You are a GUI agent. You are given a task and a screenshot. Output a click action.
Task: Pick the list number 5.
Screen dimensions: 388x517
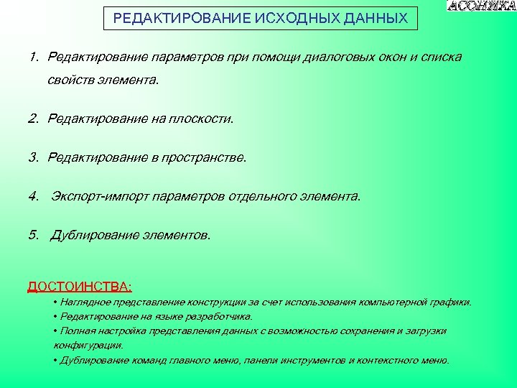(x=33, y=235)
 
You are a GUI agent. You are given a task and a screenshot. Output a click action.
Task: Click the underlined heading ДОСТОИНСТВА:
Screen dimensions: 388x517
(x=80, y=287)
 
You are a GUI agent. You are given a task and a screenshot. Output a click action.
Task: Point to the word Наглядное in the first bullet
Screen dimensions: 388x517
(x=83, y=302)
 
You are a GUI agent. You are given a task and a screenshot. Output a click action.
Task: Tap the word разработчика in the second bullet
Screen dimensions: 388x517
(x=220, y=316)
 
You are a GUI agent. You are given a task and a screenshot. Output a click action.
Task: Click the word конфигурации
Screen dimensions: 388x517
(x=88, y=345)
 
